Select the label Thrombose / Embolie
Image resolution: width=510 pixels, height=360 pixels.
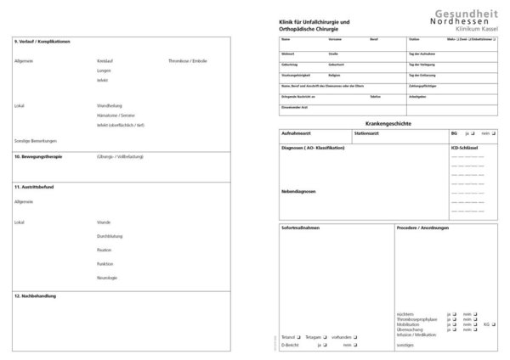tap(188, 62)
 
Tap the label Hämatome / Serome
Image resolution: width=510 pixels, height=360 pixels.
tap(116, 115)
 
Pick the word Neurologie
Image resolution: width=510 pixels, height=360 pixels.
tap(108, 278)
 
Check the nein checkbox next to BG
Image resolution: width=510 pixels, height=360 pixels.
tap(493, 134)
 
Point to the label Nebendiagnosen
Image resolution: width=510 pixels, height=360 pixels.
tap(298, 191)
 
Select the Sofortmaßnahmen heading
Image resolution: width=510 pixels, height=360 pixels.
tap(302, 228)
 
